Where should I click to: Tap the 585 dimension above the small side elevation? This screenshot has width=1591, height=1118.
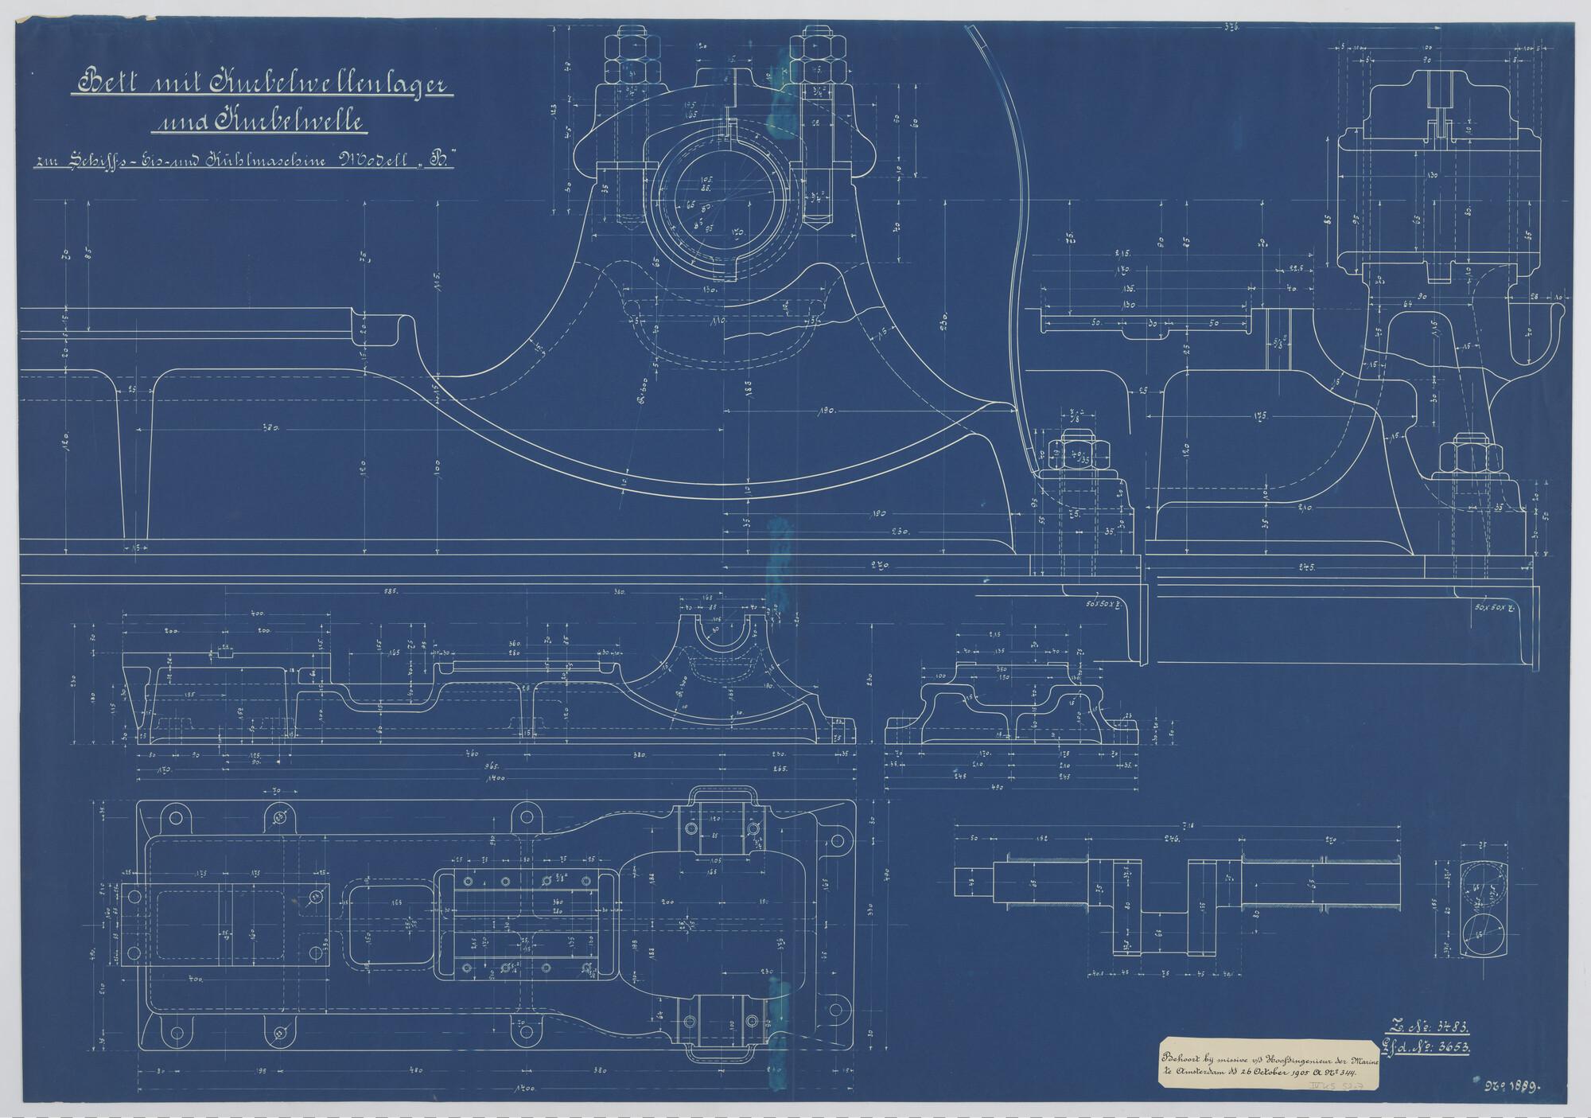(x=413, y=593)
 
